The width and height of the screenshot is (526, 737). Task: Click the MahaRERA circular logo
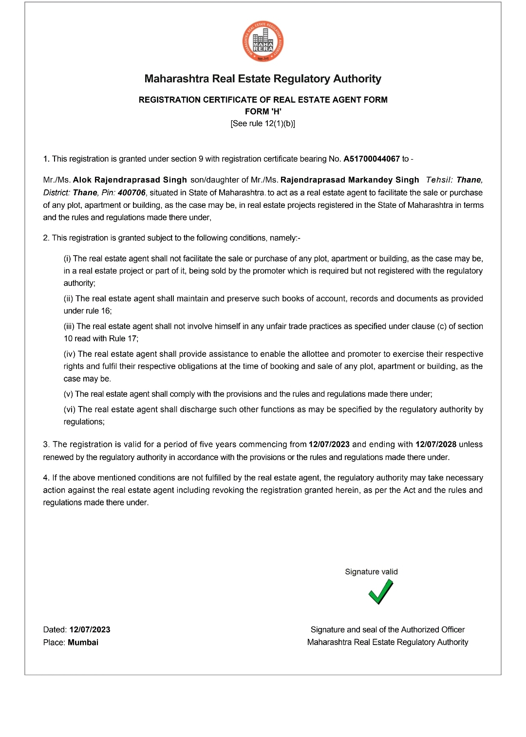tap(263, 41)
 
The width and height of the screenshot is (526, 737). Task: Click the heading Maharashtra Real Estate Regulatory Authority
tap(263, 79)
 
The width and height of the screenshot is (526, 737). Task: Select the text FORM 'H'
tap(263, 111)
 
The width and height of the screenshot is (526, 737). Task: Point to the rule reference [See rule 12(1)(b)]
tap(263, 124)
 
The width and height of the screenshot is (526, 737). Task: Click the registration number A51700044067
tap(372, 159)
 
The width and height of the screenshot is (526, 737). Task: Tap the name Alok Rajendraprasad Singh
tap(130, 180)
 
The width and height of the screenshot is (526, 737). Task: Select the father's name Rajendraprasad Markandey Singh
tap(350, 180)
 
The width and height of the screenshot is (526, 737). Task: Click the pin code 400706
tap(131, 193)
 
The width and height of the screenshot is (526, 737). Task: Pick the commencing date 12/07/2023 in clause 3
tap(329, 444)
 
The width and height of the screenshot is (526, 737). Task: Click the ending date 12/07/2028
tap(436, 444)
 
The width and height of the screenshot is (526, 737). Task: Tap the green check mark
tap(380, 592)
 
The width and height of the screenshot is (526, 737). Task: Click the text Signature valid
tap(371, 572)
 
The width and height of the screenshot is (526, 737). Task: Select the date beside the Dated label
tap(90, 630)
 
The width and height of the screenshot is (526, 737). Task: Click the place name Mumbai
tap(83, 643)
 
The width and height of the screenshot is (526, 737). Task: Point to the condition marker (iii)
tap(69, 327)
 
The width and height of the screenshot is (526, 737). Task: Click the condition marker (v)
tap(68, 394)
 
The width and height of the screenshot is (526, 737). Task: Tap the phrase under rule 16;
tap(88, 311)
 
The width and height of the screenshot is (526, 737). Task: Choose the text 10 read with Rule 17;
tap(101, 339)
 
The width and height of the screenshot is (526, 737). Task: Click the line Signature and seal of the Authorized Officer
tap(388, 630)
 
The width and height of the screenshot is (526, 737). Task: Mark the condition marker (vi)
tap(70, 410)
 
